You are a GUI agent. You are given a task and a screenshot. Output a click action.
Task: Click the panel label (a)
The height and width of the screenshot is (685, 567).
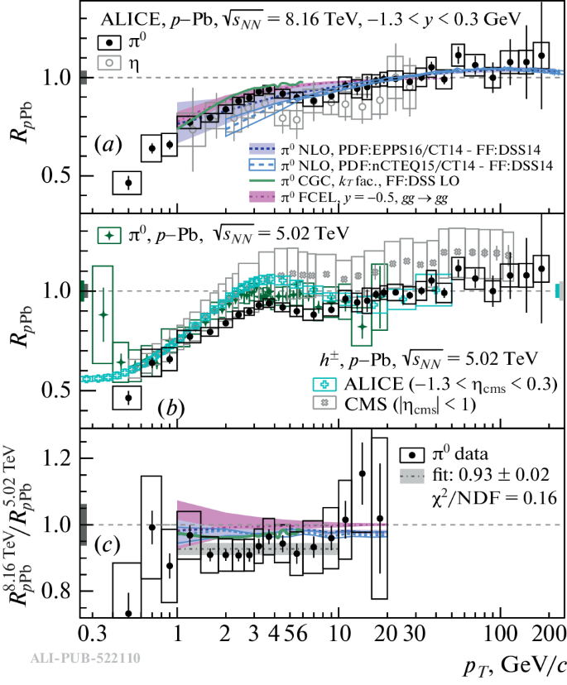point(108,146)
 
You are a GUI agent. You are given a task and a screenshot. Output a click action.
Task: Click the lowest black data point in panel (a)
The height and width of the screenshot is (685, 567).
point(128,183)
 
